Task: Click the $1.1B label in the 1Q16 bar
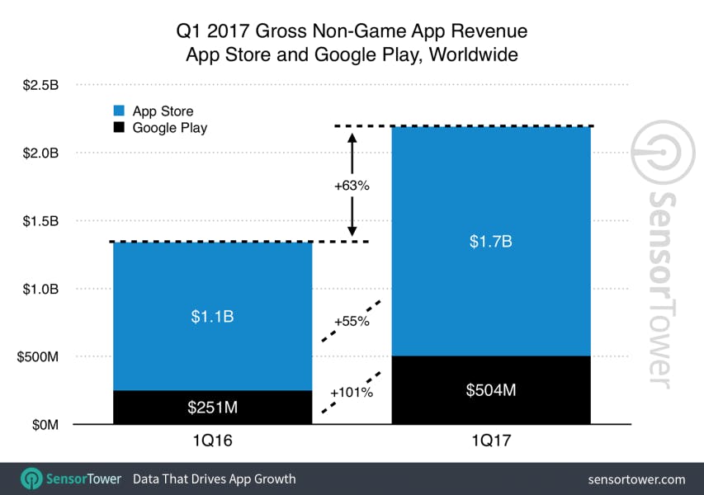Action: tap(212, 316)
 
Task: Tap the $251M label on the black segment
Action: tap(212, 408)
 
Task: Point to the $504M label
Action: tap(491, 389)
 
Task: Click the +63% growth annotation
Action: tap(352, 186)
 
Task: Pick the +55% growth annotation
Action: tap(352, 323)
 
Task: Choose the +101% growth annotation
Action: tap(352, 393)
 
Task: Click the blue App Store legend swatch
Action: tap(118, 111)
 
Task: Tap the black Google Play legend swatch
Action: tap(118, 128)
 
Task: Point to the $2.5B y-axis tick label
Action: tap(42, 85)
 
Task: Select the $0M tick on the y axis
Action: tap(46, 425)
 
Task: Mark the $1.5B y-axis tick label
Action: tap(42, 221)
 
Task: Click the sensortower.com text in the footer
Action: tap(636, 478)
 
